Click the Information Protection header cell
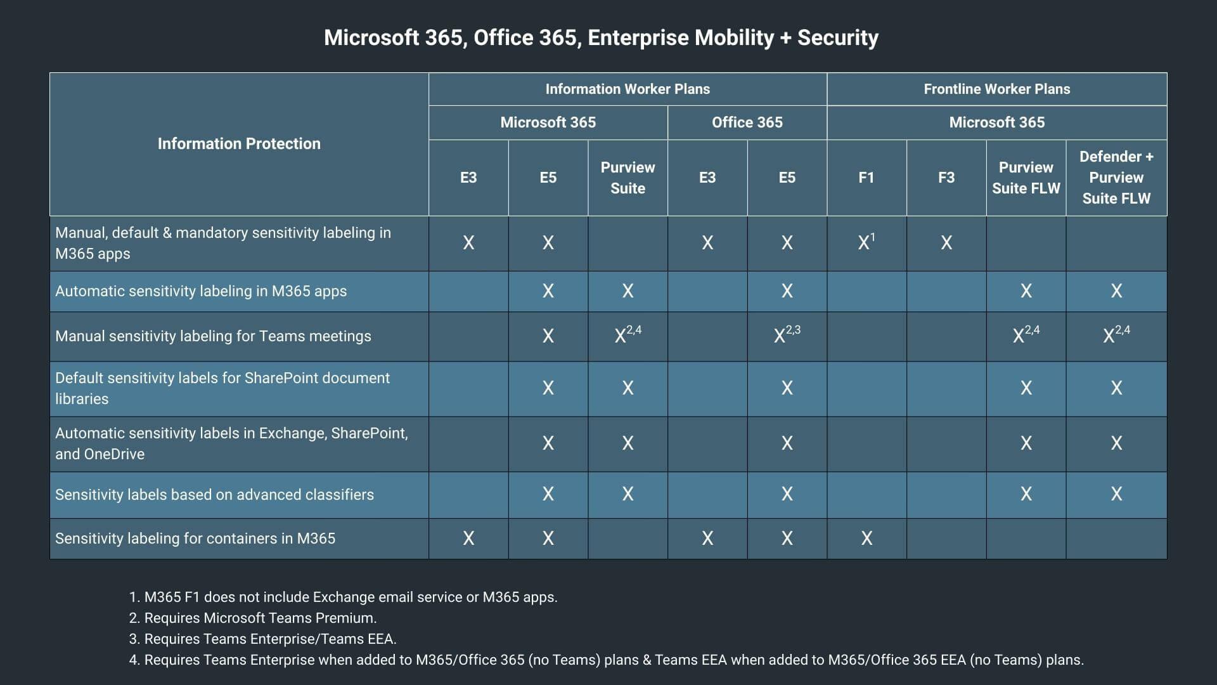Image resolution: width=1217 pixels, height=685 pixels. coord(239,144)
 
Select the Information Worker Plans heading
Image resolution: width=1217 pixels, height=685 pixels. coord(628,89)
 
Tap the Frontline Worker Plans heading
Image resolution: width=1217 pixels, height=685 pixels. coord(996,89)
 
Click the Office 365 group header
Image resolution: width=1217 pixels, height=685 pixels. coord(747,122)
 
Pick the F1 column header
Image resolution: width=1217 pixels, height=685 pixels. coord(866,178)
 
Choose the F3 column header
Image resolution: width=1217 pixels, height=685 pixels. coord(946,178)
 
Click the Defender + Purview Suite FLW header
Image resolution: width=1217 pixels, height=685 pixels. coord(1116,178)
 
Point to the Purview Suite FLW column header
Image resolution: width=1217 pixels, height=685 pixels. coord(1026,178)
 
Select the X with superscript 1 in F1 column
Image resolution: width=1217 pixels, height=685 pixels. coord(866,242)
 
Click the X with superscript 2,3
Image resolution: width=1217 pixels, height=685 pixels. coord(787,335)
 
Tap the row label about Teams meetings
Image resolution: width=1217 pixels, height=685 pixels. coord(213,336)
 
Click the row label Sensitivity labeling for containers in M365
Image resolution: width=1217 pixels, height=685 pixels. coord(195,538)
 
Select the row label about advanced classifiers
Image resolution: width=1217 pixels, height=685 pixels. coord(214,495)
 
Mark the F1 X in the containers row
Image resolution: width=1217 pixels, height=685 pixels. coord(866,538)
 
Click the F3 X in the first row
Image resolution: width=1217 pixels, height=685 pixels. coord(946,243)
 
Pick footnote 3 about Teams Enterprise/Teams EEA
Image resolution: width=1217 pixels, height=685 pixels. coord(262,639)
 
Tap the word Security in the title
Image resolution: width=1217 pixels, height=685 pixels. coord(837,37)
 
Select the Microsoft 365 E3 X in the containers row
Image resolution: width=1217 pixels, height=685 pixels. coord(468,538)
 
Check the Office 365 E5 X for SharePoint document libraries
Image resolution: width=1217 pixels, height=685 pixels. coord(787,388)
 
